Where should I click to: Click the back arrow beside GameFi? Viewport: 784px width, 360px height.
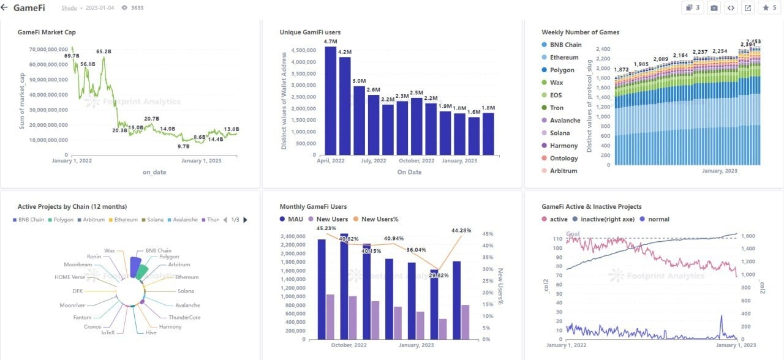(5, 8)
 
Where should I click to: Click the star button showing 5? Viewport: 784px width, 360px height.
(769, 8)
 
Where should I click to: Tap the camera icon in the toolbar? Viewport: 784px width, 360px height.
(714, 8)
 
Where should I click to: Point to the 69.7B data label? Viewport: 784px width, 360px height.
(72, 56)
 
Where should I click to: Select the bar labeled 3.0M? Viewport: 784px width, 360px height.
(360, 120)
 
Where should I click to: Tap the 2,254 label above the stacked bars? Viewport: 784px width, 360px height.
(719, 51)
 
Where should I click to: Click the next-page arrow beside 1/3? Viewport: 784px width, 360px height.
(246, 220)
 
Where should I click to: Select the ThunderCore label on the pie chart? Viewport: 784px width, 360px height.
(184, 317)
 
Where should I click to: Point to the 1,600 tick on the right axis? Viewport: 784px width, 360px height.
(749, 236)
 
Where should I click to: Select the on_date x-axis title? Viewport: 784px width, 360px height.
(154, 172)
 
